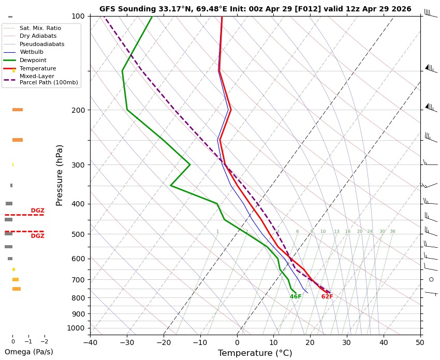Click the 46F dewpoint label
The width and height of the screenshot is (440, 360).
coord(296,296)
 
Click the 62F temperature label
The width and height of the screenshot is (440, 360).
coord(327,296)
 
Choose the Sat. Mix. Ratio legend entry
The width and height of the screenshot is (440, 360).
coord(32,28)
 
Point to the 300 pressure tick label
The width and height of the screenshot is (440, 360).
coord(78,165)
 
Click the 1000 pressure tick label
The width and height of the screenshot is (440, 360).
coord(76,328)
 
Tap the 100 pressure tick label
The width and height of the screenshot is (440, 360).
coord(78,16)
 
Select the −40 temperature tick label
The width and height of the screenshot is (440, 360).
coord(90,342)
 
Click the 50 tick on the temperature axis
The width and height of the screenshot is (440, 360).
coord(420,342)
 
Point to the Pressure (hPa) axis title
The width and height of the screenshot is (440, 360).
coord(59,175)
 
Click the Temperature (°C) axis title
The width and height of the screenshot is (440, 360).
coord(255,353)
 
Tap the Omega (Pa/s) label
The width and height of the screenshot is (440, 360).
coord(29,352)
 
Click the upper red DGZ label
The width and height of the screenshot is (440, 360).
coord(38,211)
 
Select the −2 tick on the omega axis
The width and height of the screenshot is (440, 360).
coord(45,341)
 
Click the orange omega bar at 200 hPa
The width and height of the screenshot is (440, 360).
coord(18,110)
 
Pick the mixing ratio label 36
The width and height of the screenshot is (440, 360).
coord(392,231)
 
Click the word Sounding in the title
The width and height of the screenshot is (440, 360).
coord(136,9)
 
